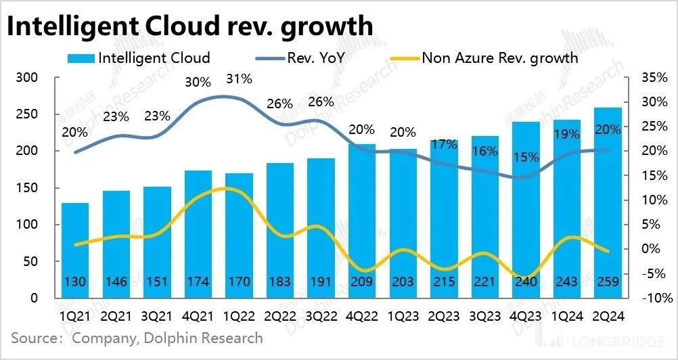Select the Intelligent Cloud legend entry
tap(145, 58)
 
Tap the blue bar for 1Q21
tap(75, 250)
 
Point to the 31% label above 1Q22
tap(239, 79)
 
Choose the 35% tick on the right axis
tap(654, 78)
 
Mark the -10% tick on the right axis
tap(654, 298)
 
